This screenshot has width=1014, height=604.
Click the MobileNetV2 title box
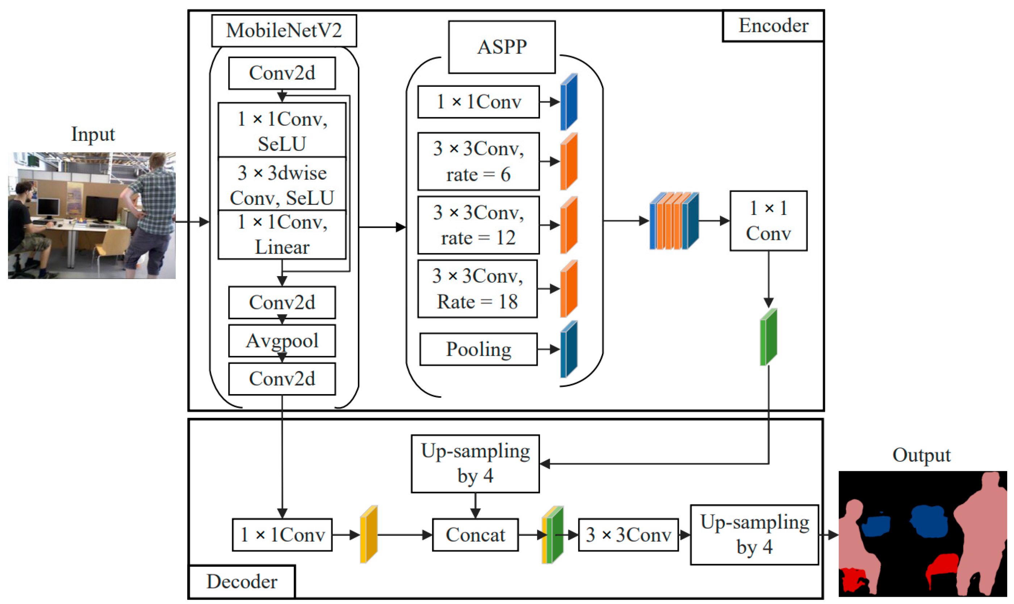[x=284, y=30]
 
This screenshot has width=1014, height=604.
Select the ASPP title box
[x=502, y=47]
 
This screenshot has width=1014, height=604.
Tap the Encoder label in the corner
[x=773, y=26]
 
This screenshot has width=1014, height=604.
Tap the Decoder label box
[x=242, y=581]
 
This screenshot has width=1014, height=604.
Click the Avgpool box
[x=282, y=341]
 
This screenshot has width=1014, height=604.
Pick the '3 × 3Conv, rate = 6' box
[x=478, y=161]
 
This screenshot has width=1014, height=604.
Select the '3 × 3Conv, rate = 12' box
[x=478, y=225]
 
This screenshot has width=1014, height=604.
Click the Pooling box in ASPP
[x=478, y=349]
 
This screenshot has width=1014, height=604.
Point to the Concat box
[x=475, y=535]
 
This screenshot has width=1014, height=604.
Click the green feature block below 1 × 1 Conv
[x=768, y=337]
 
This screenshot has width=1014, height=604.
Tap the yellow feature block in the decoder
[x=369, y=535]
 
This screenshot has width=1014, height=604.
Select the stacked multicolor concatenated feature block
[x=674, y=221]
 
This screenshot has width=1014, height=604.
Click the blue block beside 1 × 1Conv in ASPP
[x=569, y=102]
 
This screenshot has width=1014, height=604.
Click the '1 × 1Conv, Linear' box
[x=282, y=235]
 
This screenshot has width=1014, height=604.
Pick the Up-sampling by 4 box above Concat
[x=475, y=464]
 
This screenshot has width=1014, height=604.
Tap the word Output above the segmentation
[x=921, y=455]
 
